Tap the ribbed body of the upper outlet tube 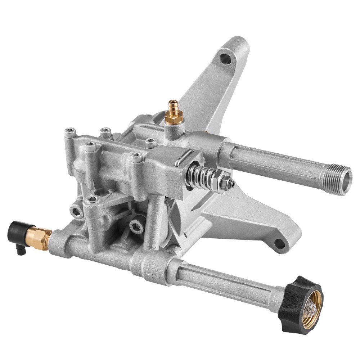(x=274, y=158)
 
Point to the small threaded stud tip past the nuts (x=233, y=185)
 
